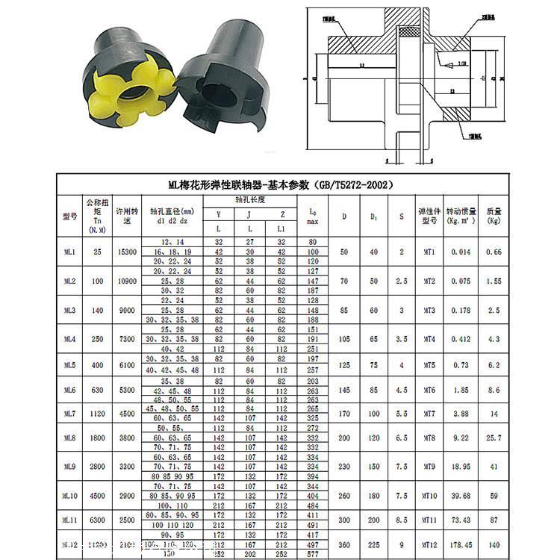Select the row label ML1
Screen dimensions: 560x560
[x=69, y=252]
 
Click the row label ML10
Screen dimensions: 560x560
[x=69, y=495]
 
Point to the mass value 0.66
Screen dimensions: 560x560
[x=493, y=252]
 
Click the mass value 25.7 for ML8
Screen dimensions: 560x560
[x=493, y=438]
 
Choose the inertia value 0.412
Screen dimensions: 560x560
[x=461, y=339]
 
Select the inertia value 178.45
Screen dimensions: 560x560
[x=461, y=546]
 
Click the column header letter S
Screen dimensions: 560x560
[x=401, y=217]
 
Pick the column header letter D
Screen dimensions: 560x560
[x=344, y=217]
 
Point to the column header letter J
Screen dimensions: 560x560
[x=249, y=214]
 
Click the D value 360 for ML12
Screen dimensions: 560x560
[x=344, y=546]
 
